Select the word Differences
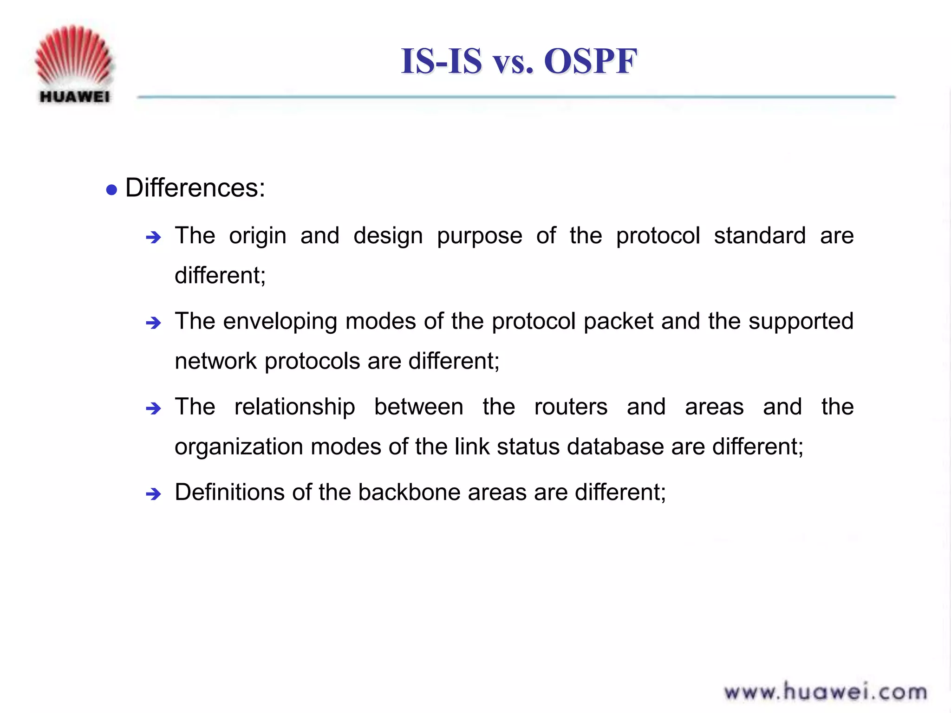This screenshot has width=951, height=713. coord(195,188)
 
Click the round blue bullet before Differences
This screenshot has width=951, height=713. coord(111,190)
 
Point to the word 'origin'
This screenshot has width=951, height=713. coord(257,236)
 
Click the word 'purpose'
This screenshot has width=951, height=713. coord(479,236)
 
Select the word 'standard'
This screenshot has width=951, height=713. coord(760,235)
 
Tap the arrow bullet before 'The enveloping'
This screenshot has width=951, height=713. coord(153,323)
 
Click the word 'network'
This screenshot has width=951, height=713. coord(215,361)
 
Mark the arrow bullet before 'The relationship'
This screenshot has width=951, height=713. coord(153,409)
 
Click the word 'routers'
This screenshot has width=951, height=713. coord(571,407)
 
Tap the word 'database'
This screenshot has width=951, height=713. coord(615,447)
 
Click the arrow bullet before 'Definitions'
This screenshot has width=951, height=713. coord(153,494)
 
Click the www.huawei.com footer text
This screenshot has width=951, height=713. coord(825,692)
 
